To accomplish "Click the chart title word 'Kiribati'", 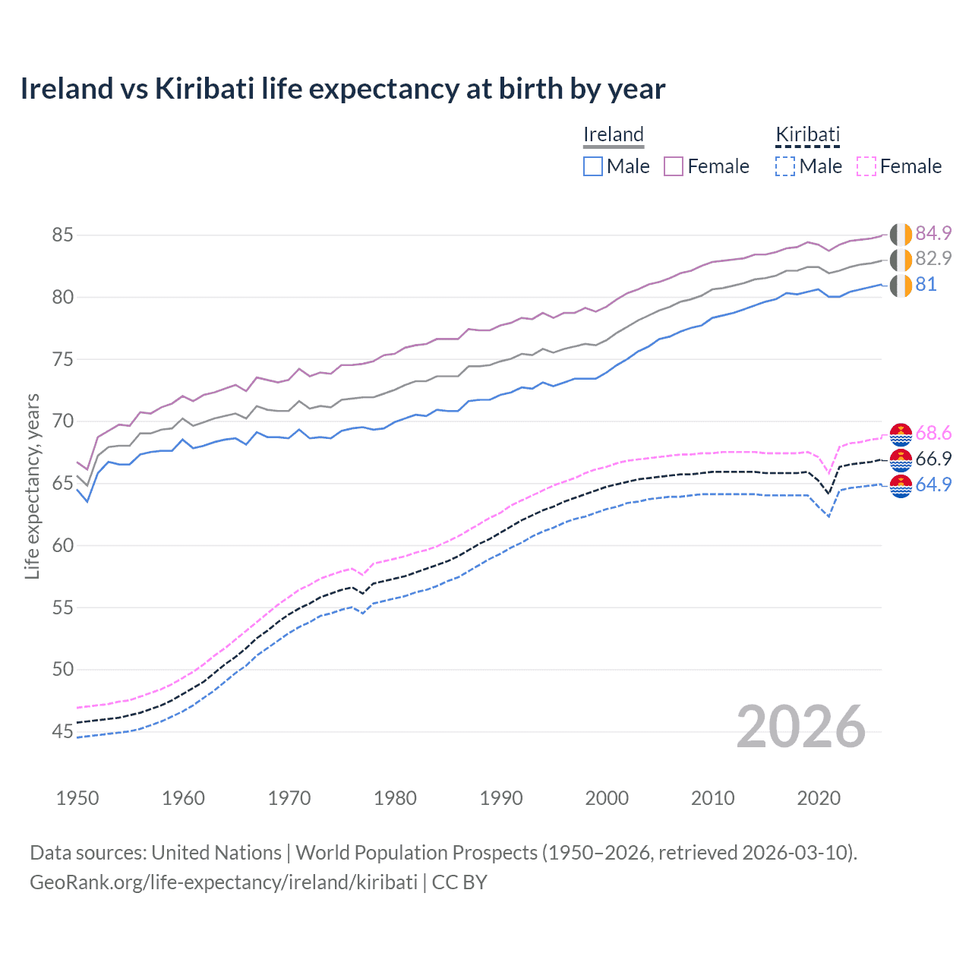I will (204, 89).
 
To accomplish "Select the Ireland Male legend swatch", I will (593, 166).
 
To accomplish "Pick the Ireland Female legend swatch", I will (674, 166).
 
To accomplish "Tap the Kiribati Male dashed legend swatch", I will (785, 166).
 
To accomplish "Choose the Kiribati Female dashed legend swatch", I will (866, 166).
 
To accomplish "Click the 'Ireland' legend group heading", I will (614, 135).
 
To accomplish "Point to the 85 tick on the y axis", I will (62, 235).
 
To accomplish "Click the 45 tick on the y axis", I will (62, 731).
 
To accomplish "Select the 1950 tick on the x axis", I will (77, 798).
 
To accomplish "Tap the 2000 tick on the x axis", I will (607, 798).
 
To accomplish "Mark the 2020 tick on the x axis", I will (819, 798).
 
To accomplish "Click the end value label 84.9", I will (933, 233).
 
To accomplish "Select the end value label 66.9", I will (933, 459).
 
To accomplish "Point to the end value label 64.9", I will (933, 484).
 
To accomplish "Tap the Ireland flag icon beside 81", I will (901, 286).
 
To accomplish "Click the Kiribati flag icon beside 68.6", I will (901, 434).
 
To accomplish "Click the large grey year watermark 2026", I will (801, 727).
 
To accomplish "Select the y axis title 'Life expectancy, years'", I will (32, 486).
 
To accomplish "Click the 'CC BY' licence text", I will (459, 882).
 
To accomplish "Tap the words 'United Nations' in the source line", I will (216, 853).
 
